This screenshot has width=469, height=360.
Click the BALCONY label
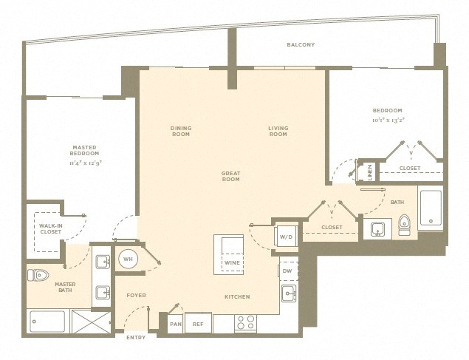click(301, 45)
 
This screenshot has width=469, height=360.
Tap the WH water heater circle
click(128, 259)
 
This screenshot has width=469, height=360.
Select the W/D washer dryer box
click(286, 237)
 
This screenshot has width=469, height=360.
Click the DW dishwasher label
click(288, 271)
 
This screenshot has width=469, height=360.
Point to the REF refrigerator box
click(198, 323)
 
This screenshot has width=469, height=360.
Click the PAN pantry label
click(175, 323)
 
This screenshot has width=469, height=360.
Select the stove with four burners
click(245, 323)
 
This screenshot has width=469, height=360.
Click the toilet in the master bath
click(38, 275)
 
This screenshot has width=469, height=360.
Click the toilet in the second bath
click(404, 225)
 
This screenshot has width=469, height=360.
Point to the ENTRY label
click(136, 338)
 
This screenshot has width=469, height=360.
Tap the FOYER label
click(136, 296)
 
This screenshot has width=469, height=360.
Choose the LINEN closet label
click(370, 171)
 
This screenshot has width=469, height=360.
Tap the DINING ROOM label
click(181, 131)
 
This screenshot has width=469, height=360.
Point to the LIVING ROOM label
click(278, 131)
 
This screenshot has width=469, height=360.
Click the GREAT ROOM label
click(231, 176)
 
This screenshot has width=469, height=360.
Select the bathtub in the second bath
click(431, 209)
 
